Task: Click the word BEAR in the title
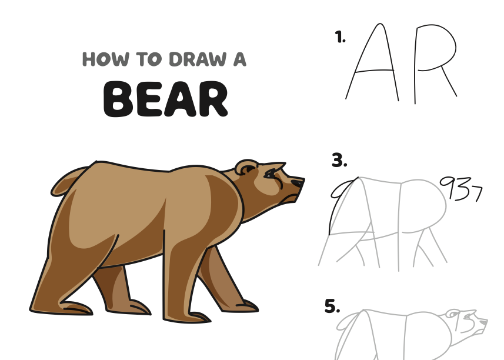165,99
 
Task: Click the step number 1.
340,37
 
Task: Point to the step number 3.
339,160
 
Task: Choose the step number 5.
332,306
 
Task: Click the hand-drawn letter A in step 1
373,62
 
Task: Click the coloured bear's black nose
297,183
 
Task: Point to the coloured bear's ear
246,168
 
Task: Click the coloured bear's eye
270,175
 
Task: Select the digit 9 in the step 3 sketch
448,188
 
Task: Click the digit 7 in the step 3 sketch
478,194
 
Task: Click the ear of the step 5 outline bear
452,314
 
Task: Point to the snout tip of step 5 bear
486,321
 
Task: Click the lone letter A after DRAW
240,59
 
